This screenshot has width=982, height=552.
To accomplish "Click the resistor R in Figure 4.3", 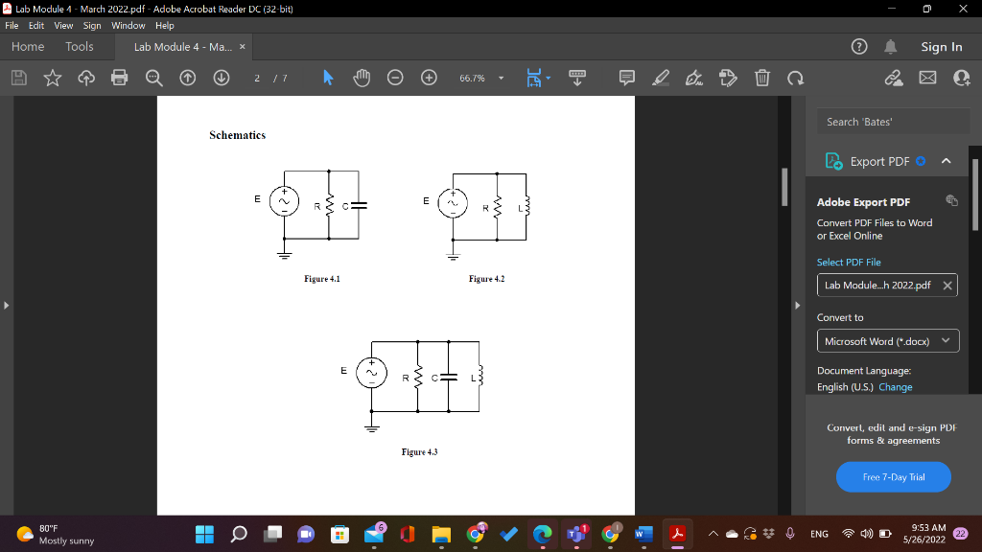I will [419, 377].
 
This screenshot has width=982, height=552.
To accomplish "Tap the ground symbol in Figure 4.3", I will [371, 427].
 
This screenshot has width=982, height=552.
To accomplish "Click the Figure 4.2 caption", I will [486, 279].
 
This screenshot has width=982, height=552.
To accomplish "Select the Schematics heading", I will [237, 135].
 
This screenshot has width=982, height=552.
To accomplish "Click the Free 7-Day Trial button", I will [894, 476].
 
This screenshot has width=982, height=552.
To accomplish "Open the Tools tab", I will [80, 46].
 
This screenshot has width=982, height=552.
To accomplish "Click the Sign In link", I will [941, 47].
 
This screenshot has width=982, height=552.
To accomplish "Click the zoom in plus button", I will [429, 78].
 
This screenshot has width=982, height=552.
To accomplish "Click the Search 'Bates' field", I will [887, 122].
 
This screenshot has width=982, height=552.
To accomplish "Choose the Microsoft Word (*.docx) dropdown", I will [887, 341].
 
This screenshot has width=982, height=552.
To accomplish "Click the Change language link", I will [895, 387].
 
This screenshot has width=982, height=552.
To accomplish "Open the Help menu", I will [164, 26].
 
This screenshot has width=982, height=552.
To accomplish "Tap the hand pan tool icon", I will [362, 78].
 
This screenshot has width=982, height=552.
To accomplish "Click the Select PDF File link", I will [849, 262].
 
